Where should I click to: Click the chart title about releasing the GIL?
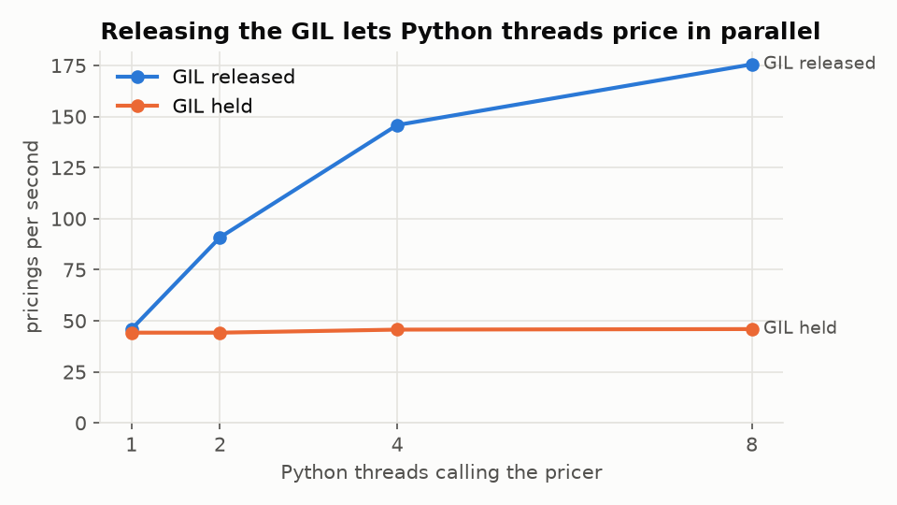[x=461, y=32]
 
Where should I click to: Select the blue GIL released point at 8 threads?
[x=752, y=65]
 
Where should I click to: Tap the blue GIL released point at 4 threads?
[x=397, y=125]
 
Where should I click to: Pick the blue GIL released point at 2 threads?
[x=220, y=238]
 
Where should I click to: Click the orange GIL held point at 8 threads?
[x=752, y=329]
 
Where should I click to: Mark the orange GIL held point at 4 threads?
[x=397, y=329]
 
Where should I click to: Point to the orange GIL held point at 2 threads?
[x=220, y=333]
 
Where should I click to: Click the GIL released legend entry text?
[x=234, y=77]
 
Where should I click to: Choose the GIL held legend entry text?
[x=212, y=107]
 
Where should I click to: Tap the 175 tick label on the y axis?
[x=68, y=66]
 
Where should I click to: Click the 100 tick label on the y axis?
[x=68, y=219]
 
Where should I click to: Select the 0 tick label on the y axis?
[x=80, y=424]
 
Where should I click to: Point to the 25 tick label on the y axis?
[x=75, y=373]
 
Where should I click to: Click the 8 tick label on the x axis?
[x=751, y=445]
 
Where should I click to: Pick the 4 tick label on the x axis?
[x=397, y=445]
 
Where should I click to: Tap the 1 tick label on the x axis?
[x=132, y=445]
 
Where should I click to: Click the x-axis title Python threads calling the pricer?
[x=441, y=473]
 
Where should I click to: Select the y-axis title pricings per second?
[x=32, y=237]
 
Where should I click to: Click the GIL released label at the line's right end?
[x=819, y=63]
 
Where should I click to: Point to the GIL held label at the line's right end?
[x=800, y=327]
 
